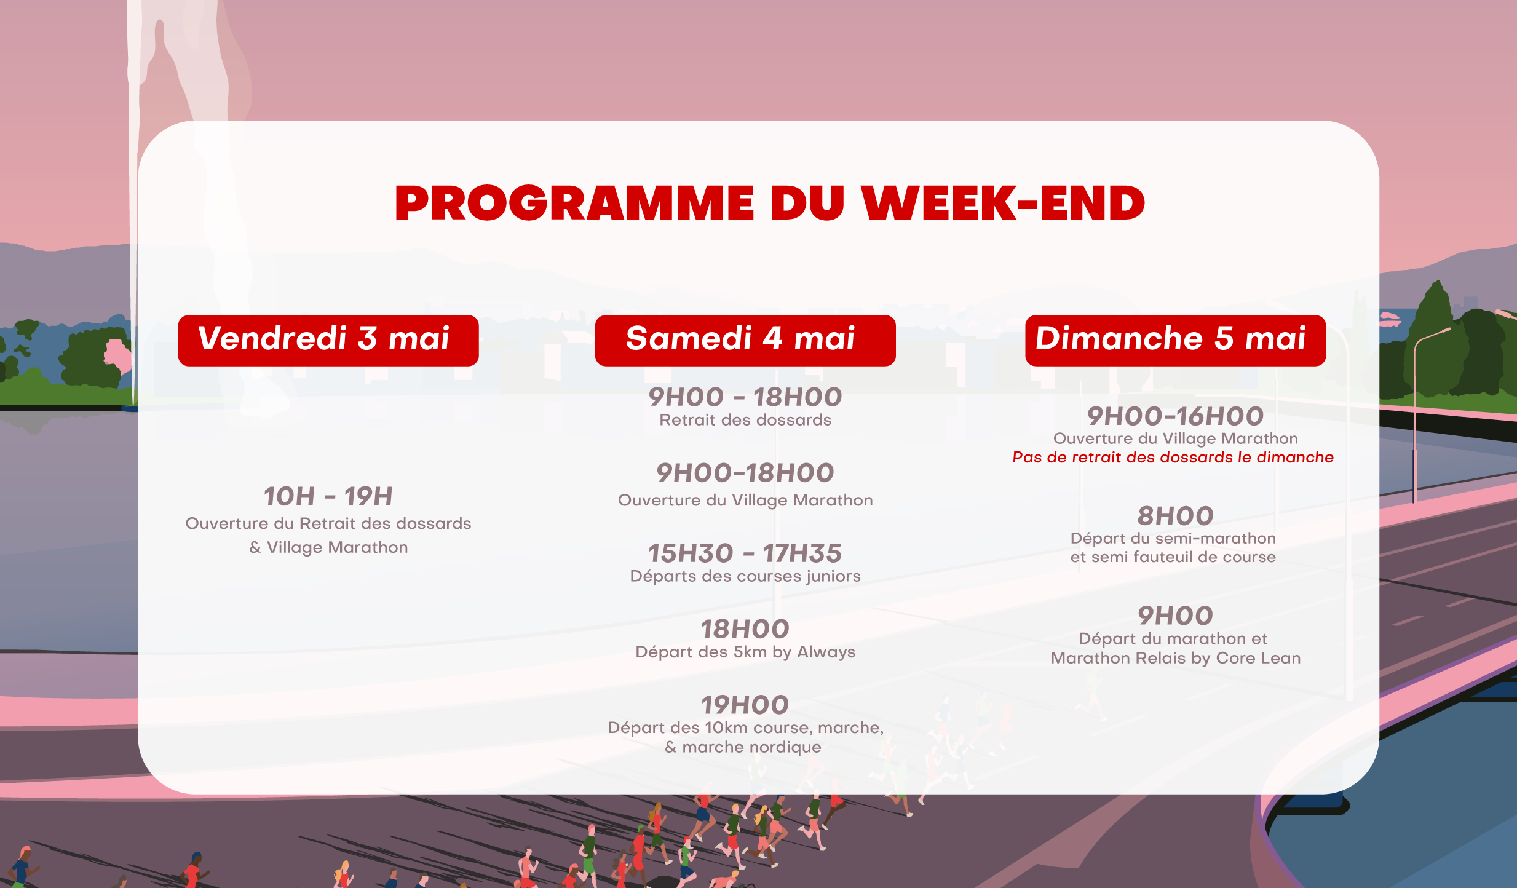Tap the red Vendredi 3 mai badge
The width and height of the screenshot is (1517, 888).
328,340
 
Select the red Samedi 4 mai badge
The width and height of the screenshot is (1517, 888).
745,340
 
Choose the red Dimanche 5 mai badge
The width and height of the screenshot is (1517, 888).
1174,340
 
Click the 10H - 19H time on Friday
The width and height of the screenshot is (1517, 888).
328,496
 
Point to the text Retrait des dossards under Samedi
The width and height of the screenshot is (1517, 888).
745,420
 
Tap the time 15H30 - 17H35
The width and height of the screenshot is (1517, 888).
745,553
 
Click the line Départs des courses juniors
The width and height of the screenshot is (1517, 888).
745,576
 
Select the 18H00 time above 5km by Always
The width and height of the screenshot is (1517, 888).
745,629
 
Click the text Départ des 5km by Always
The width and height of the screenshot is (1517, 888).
745,652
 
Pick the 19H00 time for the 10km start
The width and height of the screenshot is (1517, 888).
745,705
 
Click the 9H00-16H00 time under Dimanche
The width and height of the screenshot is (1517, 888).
1174,416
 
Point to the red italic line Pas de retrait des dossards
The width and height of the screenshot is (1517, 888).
1173,457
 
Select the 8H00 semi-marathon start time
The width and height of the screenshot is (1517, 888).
1174,516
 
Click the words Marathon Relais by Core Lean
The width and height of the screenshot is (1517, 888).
1175,658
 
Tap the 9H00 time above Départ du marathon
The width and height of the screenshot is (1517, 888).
1174,616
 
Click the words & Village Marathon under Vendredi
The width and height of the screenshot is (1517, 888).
328,547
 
